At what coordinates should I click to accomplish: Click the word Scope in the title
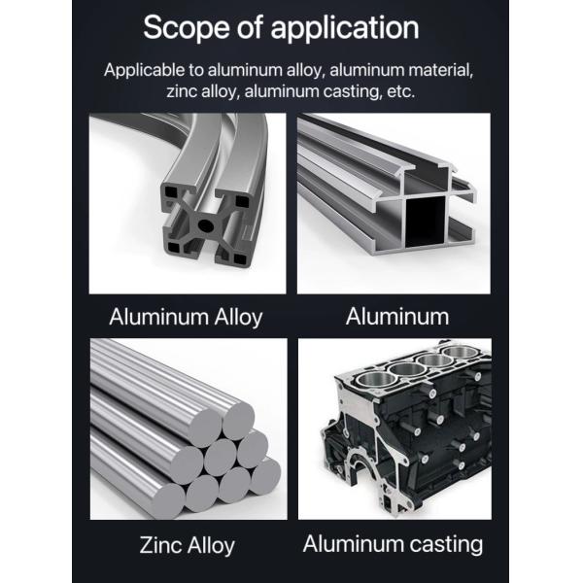[187, 27]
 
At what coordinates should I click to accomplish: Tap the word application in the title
[345, 28]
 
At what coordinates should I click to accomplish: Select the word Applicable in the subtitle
[144, 70]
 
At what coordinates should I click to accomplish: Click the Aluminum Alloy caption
[186, 318]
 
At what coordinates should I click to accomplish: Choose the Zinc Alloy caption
[187, 546]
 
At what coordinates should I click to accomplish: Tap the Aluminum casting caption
[393, 545]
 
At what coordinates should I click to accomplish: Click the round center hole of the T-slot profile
[204, 225]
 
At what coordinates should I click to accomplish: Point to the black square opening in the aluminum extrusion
[425, 222]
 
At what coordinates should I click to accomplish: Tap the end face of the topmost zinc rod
[238, 420]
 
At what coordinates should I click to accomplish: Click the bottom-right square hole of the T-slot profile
[240, 258]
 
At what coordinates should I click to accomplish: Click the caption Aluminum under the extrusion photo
[397, 317]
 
